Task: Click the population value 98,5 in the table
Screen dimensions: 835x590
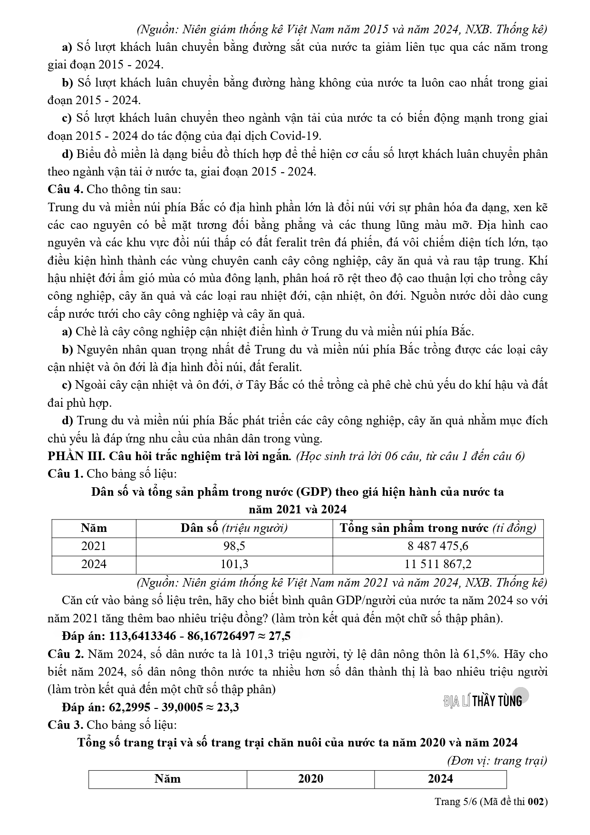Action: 234,546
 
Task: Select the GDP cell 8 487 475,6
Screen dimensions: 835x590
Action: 437,546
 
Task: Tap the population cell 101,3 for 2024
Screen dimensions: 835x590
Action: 234,564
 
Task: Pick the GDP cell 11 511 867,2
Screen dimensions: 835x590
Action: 437,564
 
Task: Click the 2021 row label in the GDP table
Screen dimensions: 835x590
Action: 94,546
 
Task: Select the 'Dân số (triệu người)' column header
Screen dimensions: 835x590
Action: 234,528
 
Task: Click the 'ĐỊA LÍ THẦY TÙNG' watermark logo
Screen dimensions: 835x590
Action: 483,700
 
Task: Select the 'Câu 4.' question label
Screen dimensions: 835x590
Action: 66,189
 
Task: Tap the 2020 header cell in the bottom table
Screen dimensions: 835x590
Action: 310,779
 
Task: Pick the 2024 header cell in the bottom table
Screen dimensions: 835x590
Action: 440,779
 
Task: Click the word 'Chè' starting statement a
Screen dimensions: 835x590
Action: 85,332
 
